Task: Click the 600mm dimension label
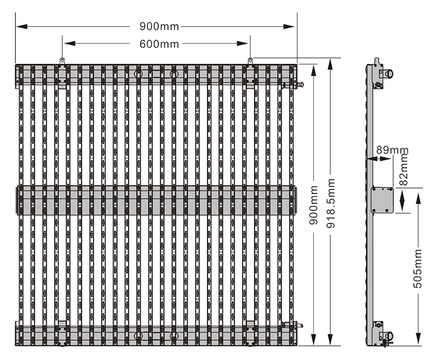[155, 44]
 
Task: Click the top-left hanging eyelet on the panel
[62, 60]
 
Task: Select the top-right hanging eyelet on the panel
[250, 60]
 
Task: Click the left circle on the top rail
[138, 73]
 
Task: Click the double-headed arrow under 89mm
[381, 158]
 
